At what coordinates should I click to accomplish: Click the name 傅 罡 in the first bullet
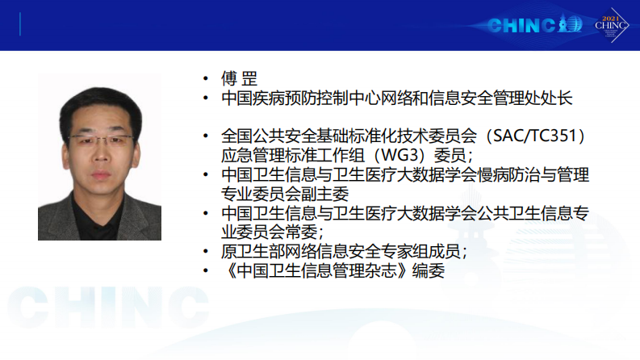point(239,79)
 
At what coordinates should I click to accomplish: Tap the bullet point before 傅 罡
point(207,80)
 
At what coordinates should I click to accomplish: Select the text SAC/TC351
point(532,132)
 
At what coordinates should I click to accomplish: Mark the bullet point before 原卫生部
point(207,252)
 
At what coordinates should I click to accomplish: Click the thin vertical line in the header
point(19,24)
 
